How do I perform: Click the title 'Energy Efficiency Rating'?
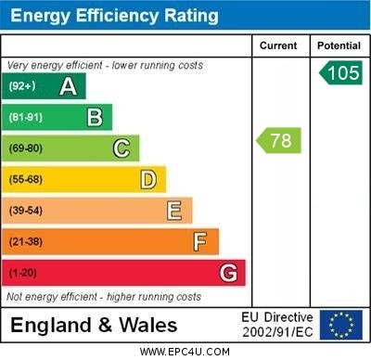point(114,16)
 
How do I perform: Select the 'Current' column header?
point(278,45)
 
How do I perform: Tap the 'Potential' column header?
point(339,45)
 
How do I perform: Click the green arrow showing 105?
point(340,72)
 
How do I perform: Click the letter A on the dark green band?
point(68,87)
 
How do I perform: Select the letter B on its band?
point(95,118)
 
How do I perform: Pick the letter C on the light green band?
point(122,148)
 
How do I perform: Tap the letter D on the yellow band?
point(147,179)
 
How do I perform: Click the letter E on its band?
point(174,211)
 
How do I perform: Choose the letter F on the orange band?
point(200,241)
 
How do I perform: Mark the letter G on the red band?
point(228,273)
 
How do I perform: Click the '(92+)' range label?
point(21,87)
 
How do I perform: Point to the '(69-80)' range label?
point(25,148)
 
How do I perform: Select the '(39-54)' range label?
point(25,211)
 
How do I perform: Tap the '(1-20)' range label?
point(22,273)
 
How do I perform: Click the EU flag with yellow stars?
point(341,325)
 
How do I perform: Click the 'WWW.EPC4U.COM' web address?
point(185,352)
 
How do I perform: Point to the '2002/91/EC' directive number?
point(278,332)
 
